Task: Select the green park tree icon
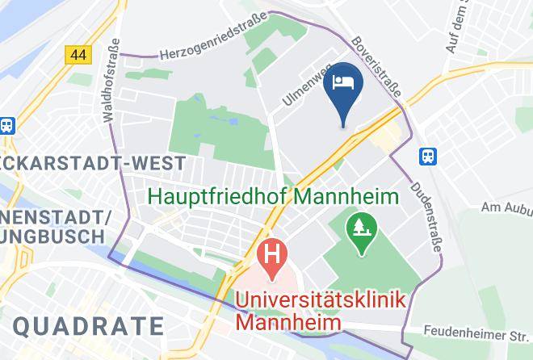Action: coord(359,227)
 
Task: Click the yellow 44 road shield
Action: coord(78,54)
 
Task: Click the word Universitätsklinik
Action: coord(321,299)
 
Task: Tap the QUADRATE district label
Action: coord(89,326)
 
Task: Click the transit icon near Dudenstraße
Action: coord(427,156)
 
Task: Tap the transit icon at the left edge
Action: coord(6,126)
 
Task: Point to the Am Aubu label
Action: coord(506,208)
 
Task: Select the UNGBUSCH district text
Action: coord(52,237)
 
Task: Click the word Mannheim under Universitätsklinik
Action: coord(288,321)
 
